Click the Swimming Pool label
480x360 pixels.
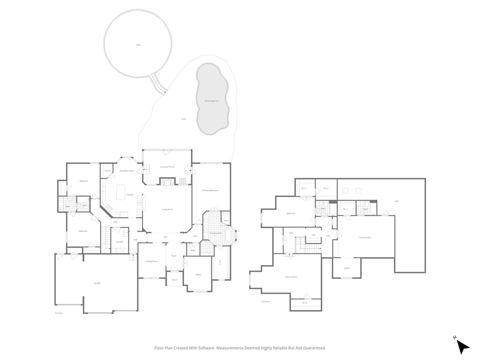coord(211,101)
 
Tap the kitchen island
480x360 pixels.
coord(120,191)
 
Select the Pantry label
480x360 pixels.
coord(107,171)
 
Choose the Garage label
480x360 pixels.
coord(97,283)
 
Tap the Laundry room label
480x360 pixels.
coord(119,242)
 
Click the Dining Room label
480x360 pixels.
coord(152,261)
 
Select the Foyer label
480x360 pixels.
coord(174,256)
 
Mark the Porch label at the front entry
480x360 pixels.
coord(174,280)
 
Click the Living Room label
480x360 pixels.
coord(167,209)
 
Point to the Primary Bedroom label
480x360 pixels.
coord(210,190)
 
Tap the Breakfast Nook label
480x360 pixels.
coord(127,171)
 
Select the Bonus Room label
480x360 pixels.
coord(291,277)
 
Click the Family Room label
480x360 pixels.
coord(365,238)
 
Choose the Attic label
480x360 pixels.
coord(397,202)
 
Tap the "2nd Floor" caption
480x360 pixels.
coord(265,301)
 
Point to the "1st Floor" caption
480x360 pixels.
coord(58,313)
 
